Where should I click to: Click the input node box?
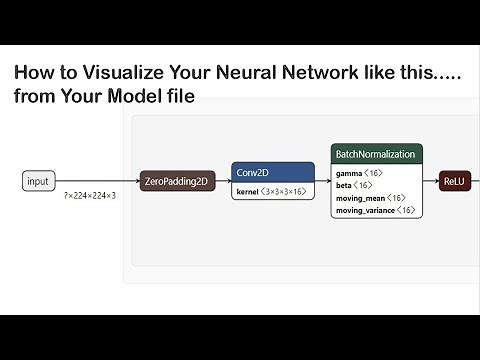coord(38,181)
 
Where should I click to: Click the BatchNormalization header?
coord(377,153)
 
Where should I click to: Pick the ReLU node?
coord(456,181)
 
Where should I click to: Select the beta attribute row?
coord(355,185)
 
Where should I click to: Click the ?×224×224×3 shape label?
coord(89,196)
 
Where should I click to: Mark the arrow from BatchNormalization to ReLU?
coord(432,181)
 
